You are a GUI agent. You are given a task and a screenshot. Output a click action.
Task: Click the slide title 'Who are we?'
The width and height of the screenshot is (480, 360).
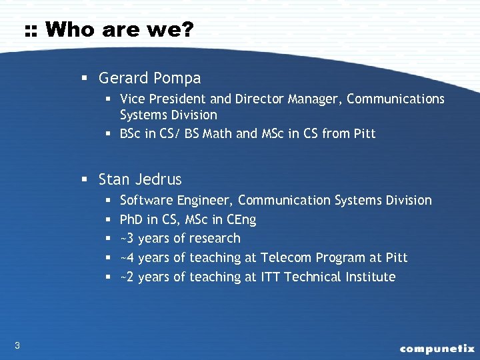pos(119,29)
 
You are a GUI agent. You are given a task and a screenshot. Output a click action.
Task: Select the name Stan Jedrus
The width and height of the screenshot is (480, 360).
pos(140,179)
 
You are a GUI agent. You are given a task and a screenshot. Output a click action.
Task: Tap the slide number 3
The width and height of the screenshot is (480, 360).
pos(17,345)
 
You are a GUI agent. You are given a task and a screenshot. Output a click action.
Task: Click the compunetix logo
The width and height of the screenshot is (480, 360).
pos(437,348)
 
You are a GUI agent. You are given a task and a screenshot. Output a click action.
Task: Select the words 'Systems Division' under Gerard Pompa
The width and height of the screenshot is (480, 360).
pos(168,115)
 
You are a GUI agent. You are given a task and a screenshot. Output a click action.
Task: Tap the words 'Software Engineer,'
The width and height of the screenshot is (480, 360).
pos(177,200)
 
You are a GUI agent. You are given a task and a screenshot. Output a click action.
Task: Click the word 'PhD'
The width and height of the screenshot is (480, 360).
pos(131,219)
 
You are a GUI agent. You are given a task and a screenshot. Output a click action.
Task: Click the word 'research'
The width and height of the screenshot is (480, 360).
pos(215,238)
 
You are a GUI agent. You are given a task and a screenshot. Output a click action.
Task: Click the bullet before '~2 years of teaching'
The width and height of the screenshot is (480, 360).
pos(109,277)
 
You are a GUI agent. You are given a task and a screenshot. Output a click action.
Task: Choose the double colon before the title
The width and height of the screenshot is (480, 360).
pos(31,31)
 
